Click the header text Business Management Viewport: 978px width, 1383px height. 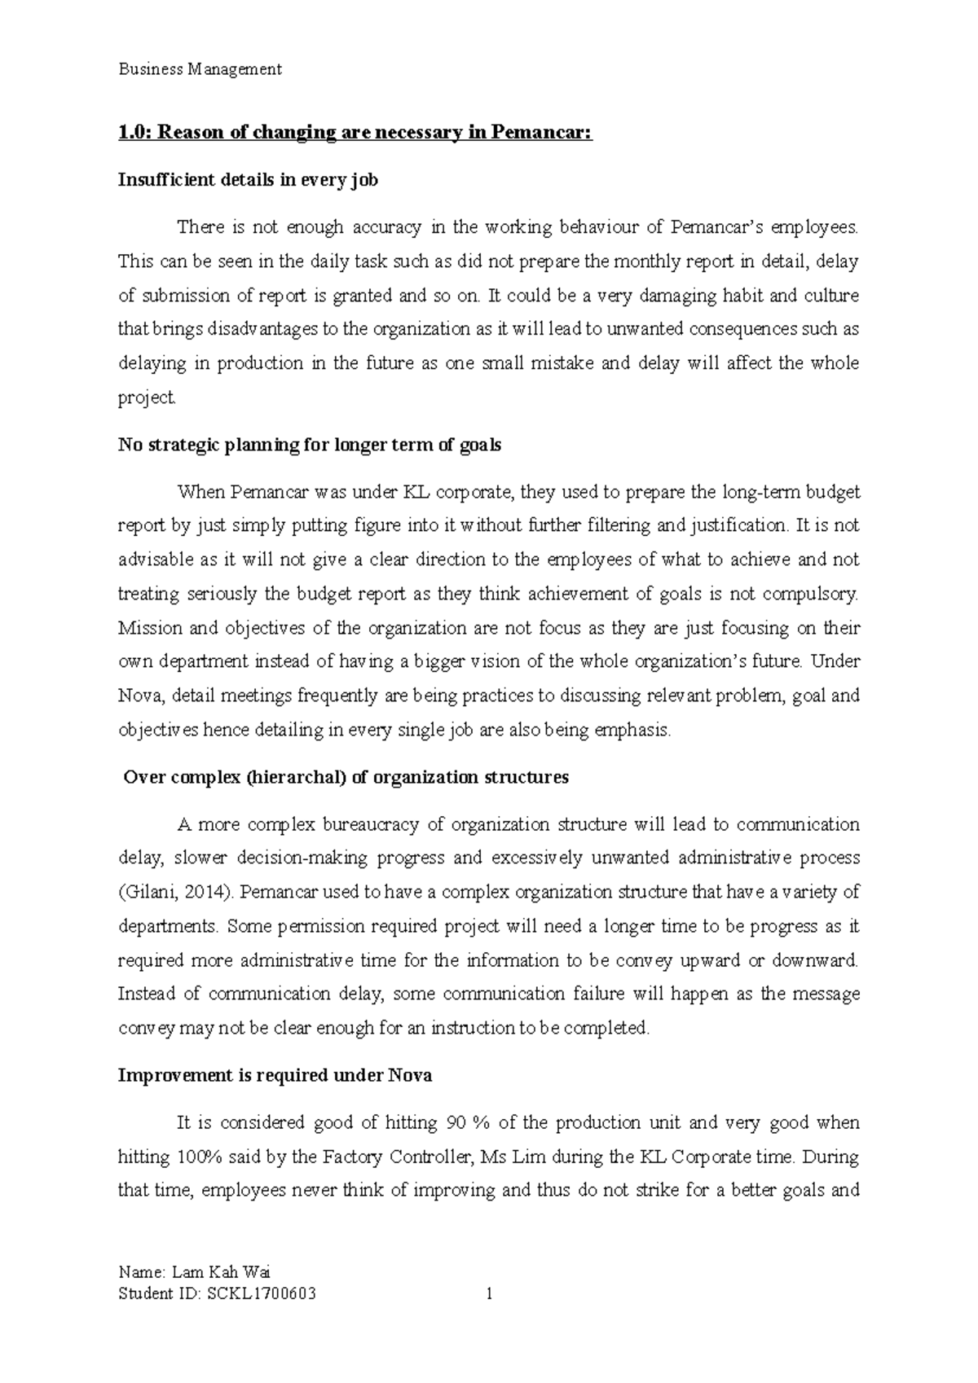[200, 69]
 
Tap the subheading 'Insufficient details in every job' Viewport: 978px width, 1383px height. [248, 180]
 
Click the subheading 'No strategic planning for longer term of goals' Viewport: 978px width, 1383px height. [310, 445]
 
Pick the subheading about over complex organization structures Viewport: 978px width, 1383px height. [346, 777]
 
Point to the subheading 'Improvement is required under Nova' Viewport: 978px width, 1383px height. [275, 1075]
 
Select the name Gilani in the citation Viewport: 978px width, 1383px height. [149, 892]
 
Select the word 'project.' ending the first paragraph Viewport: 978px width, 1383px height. [147, 397]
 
